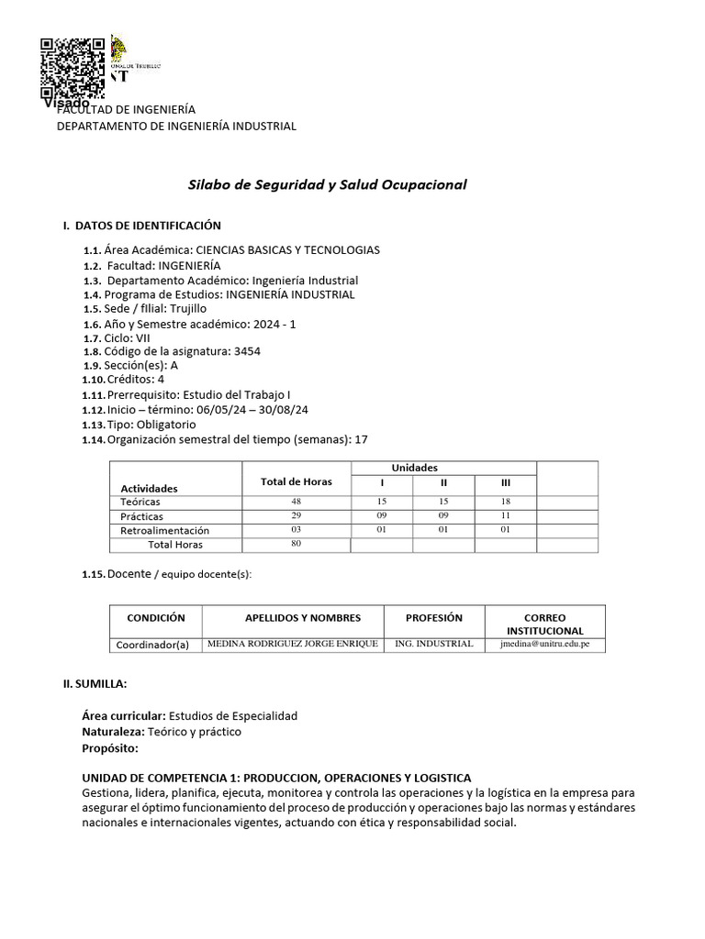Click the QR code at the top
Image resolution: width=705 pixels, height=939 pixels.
coord(73,69)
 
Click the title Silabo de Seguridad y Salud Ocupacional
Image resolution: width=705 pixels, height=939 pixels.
coord(327,184)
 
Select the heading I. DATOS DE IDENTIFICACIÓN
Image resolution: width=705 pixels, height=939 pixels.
coord(141,226)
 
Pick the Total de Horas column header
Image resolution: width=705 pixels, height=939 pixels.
coord(296,482)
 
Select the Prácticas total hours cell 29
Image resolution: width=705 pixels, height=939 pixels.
coord(296,516)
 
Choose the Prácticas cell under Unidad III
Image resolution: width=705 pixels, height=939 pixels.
coord(505,516)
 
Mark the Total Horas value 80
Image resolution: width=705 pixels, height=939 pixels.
coord(296,544)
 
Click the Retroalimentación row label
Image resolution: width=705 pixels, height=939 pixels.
coord(165,530)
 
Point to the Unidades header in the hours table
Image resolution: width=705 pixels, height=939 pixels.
coord(415,469)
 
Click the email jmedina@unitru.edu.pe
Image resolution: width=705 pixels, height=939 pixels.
coord(544,644)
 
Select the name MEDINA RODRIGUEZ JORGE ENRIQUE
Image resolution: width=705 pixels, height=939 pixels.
coord(293,644)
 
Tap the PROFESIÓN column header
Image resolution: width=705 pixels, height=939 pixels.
coord(433,618)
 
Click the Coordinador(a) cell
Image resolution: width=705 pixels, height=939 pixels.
coord(152,645)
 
